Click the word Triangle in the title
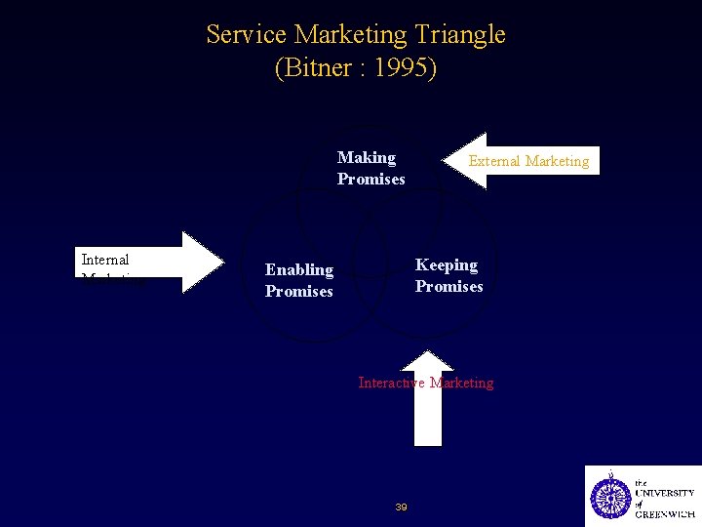(x=458, y=35)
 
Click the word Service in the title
(x=247, y=35)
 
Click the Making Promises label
(x=370, y=168)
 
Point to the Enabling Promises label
(x=299, y=280)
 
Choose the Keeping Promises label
(x=448, y=275)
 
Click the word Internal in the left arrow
(x=105, y=260)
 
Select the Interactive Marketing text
(x=426, y=383)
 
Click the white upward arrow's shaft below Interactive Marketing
(x=427, y=420)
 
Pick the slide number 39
(x=401, y=507)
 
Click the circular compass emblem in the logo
(x=611, y=497)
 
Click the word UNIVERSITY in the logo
(x=665, y=494)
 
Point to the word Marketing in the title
(x=350, y=35)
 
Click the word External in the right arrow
(x=496, y=161)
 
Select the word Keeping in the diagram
(x=447, y=264)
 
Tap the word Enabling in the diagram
(x=299, y=269)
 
